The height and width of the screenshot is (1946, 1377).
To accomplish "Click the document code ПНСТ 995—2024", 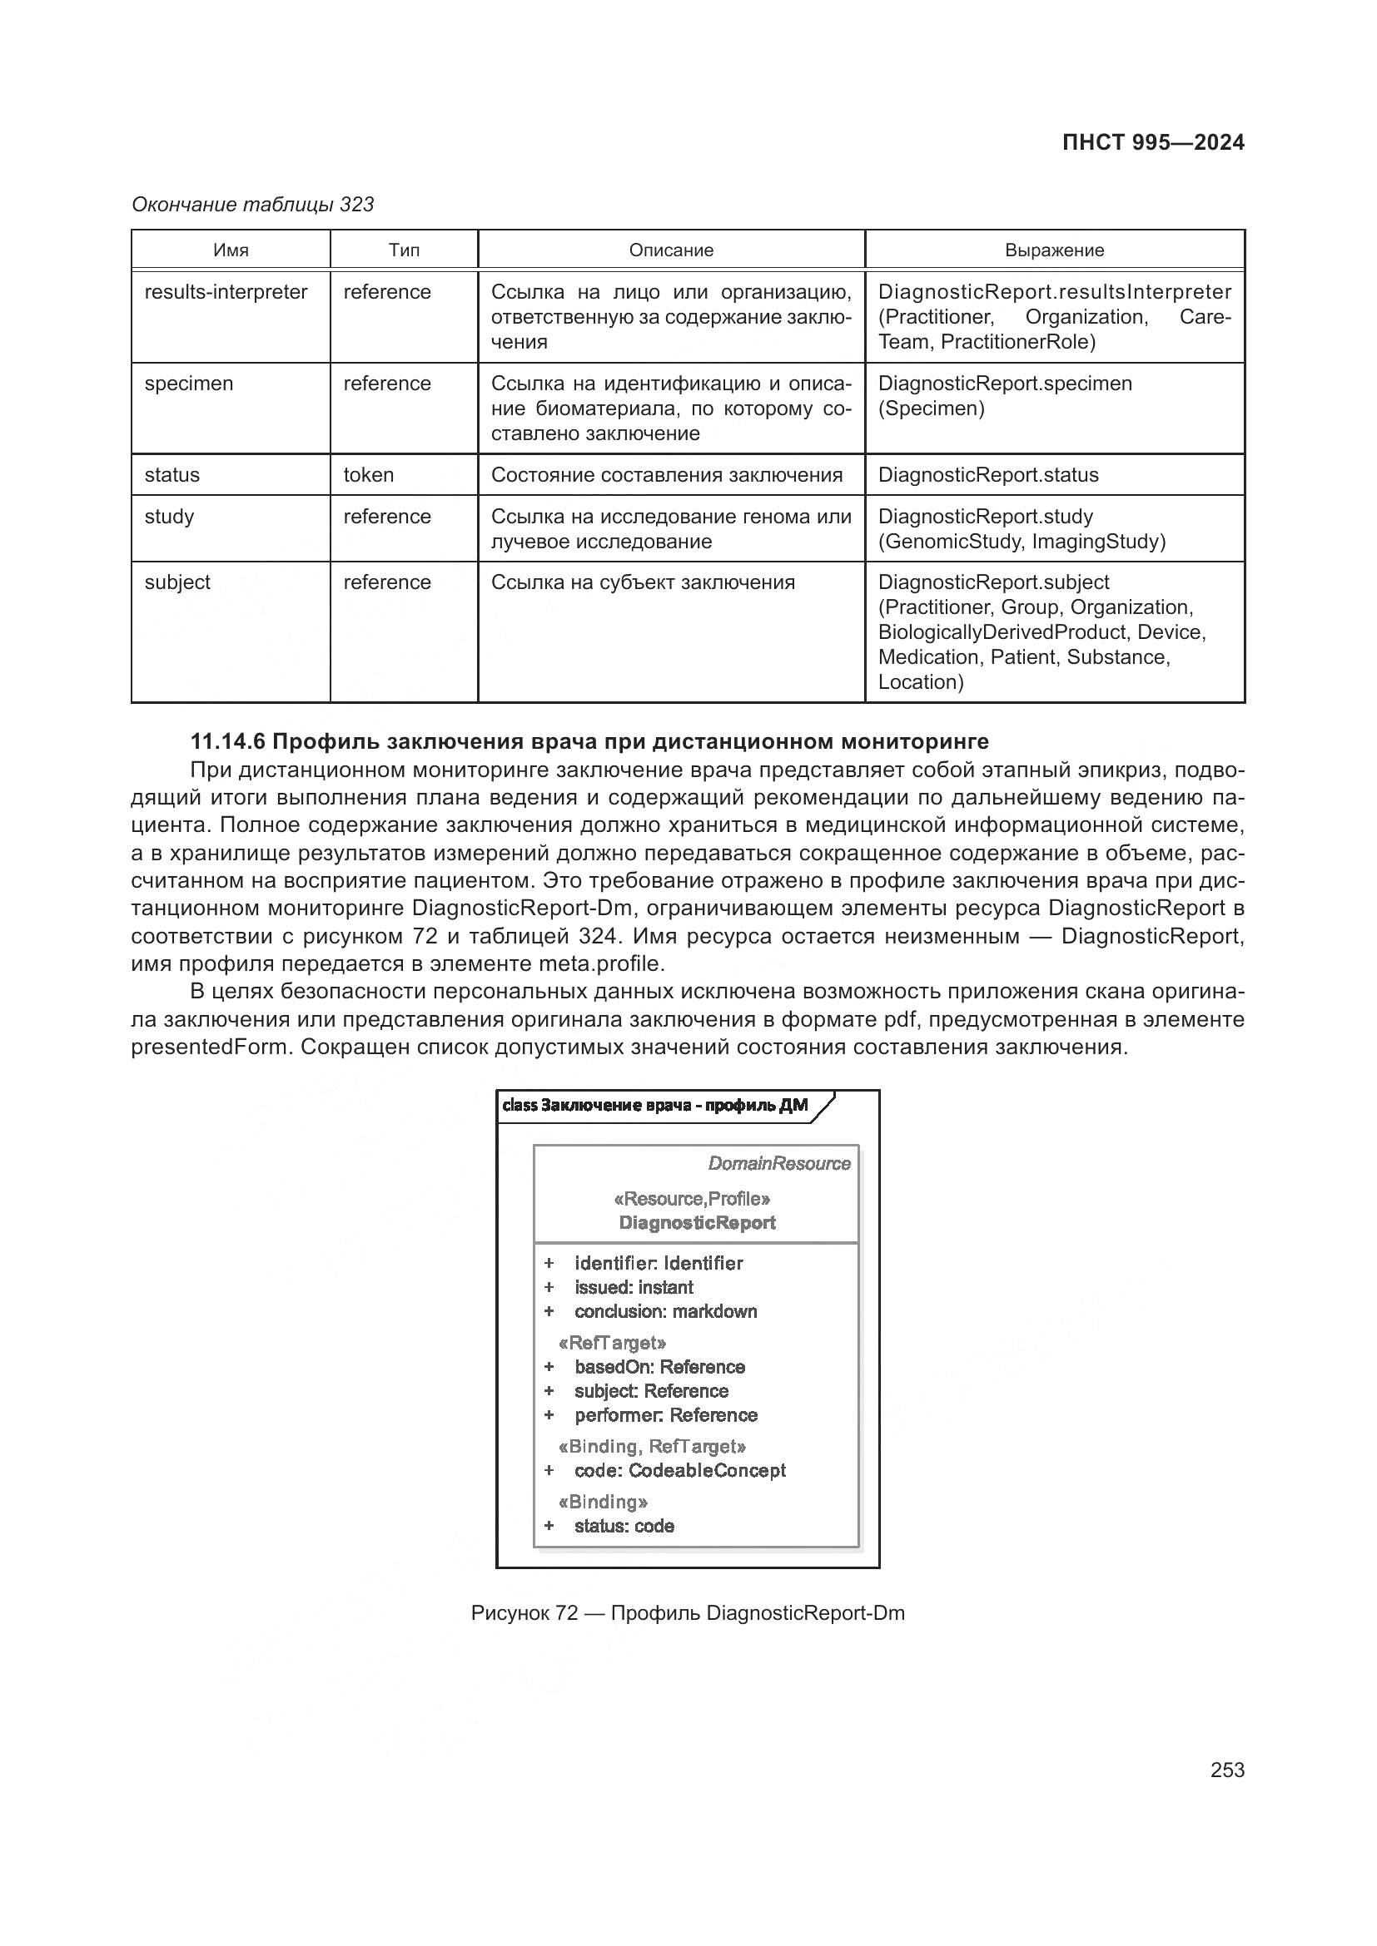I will [x=1152, y=142].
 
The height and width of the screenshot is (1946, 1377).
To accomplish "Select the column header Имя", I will [x=231, y=250].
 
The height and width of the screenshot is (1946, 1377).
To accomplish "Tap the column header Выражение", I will [x=1054, y=250].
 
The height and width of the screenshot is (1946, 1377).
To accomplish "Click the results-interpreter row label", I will [x=226, y=292].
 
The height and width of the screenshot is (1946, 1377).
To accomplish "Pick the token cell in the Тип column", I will [x=368, y=474].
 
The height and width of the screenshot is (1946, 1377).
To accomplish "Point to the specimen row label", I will [x=188, y=384].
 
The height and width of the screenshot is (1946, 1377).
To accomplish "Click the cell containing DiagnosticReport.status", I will [x=988, y=474].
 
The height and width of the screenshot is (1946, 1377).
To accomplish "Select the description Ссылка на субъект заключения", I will [x=643, y=582].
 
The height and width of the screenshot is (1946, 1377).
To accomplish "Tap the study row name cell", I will [x=170, y=516].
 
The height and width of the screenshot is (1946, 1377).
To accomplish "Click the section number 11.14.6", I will [x=227, y=741].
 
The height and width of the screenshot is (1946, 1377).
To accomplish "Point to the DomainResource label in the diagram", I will [x=778, y=1164].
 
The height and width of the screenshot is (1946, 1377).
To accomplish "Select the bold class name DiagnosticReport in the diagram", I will [x=697, y=1222].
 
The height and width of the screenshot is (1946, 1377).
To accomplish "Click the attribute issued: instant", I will [x=634, y=1287].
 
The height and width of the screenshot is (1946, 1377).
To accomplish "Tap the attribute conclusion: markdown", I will [x=666, y=1311].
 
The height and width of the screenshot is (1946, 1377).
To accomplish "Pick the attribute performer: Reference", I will [x=666, y=1414].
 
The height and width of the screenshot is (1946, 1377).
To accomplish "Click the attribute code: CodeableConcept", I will [x=680, y=1470].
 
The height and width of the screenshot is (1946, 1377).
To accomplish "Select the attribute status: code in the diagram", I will [x=624, y=1526].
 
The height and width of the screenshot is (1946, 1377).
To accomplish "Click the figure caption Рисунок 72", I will [x=524, y=1613].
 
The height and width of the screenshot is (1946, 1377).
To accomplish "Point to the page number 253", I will [x=1227, y=1770].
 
